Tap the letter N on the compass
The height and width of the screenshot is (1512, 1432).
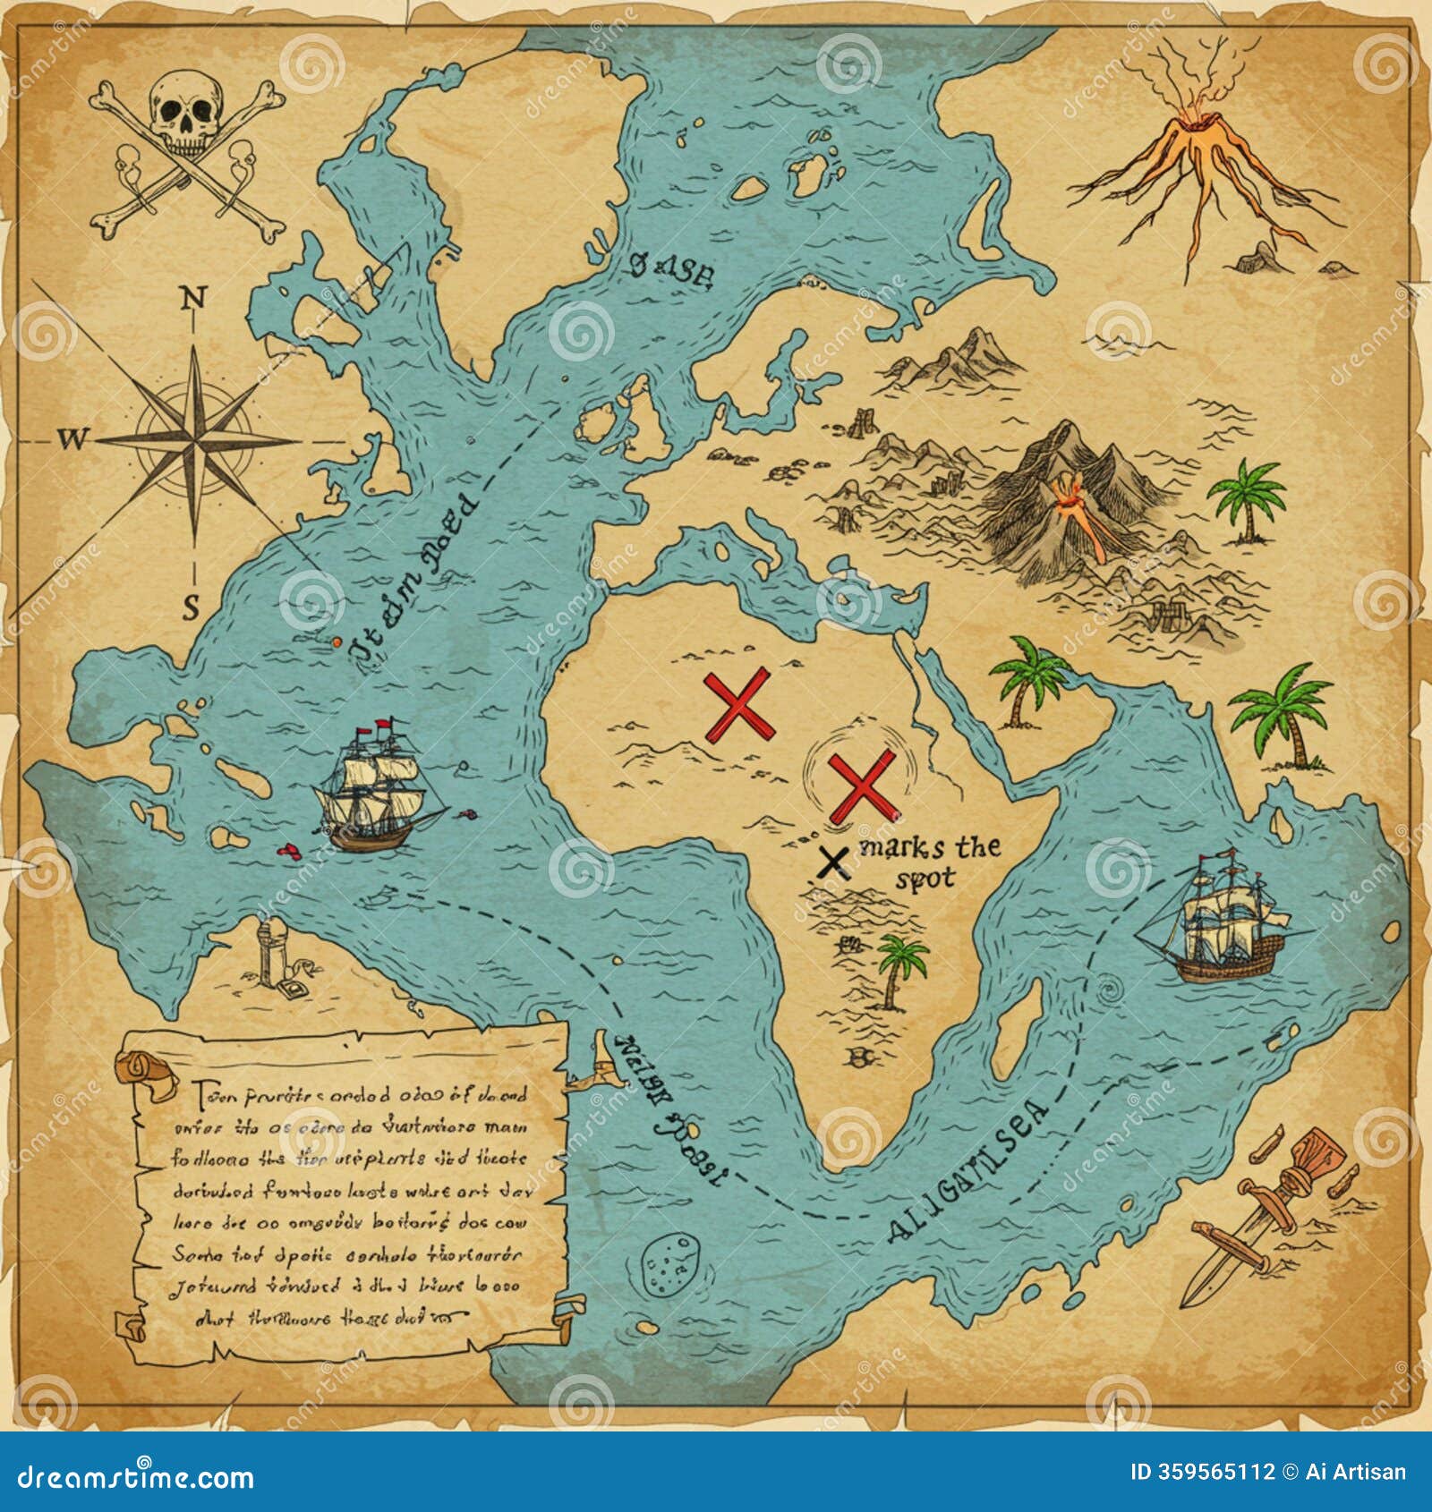point(192,298)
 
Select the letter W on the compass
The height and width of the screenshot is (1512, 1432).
point(73,438)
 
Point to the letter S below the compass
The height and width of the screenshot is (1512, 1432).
point(191,609)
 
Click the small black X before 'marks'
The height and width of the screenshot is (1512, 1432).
point(833,862)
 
